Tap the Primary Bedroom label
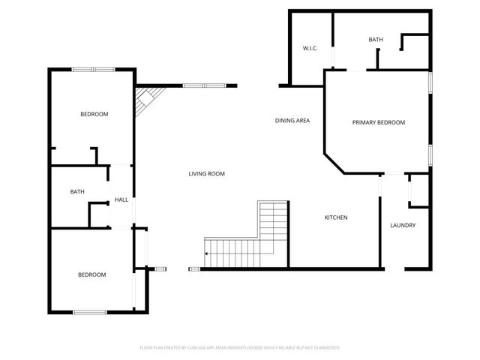coord(379,122)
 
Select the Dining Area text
coord(292,120)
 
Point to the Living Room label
coord(206,174)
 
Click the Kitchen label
coord(335,217)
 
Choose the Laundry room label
coord(403,226)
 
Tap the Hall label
coord(121,199)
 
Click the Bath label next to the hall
coord(77,192)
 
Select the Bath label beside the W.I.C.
coord(376,39)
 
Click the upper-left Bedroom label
coord(94,114)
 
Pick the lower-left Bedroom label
coord(91,274)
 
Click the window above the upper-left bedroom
coord(93,70)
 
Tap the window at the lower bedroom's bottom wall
coord(90,311)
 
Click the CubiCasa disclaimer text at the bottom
coord(240,347)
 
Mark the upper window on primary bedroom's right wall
coord(430,83)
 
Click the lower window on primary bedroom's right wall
coord(430,154)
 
